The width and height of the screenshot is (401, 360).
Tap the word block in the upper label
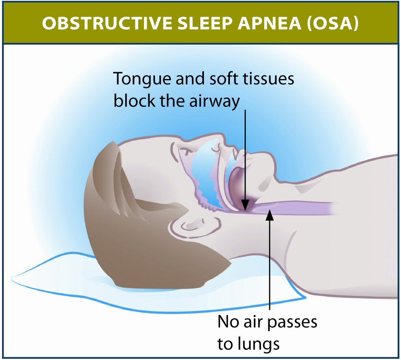click(x=130, y=101)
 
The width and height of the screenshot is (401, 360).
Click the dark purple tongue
click(x=239, y=186)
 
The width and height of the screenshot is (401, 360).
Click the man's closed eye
click(x=187, y=151)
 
